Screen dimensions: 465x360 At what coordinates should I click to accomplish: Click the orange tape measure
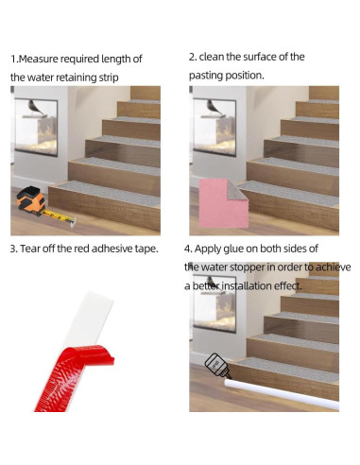(x=30, y=202)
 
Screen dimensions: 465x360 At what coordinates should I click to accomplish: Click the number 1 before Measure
(x=13, y=59)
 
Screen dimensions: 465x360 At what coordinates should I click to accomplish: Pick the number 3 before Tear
(x=13, y=249)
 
